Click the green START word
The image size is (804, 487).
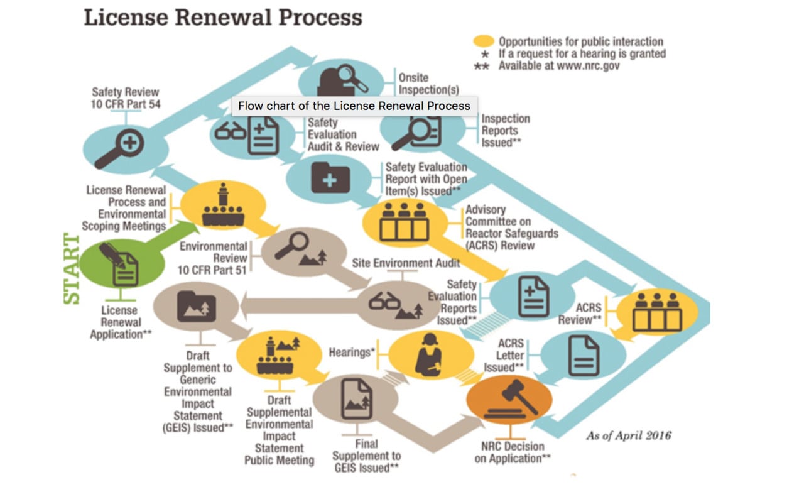pos(72,269)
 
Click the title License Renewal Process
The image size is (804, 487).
pos(223,18)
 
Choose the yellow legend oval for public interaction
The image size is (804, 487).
pos(484,41)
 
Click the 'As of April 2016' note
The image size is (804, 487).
pos(628,435)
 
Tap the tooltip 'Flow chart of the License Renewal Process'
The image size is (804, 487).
pos(354,106)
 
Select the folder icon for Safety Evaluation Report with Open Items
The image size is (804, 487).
pos(330,178)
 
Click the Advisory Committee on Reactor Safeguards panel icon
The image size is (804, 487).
pos(405,222)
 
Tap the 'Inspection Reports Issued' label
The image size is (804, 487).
pos(506,131)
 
